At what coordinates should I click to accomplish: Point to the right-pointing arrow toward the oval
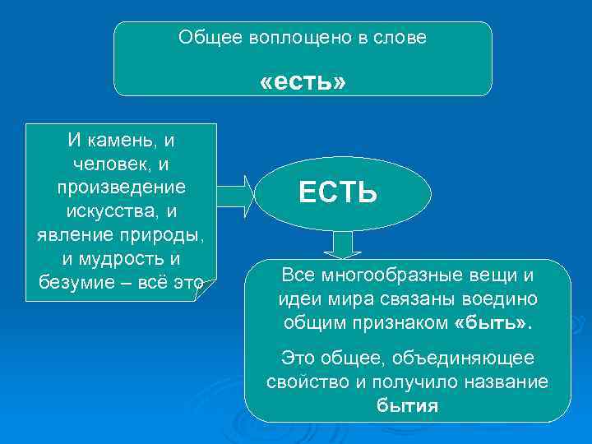238,193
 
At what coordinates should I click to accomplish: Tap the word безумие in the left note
75,283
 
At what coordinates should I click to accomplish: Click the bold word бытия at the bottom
407,405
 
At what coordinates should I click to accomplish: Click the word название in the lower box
505,382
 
